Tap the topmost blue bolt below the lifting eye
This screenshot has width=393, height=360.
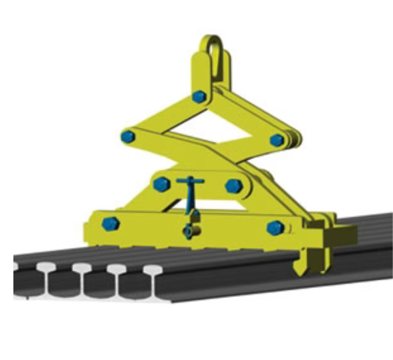(x=199, y=97)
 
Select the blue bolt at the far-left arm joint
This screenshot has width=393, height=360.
(x=127, y=136)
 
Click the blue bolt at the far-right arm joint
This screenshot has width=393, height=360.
(x=277, y=140)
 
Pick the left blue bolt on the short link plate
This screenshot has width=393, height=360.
(x=161, y=184)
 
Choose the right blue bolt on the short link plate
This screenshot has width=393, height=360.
(x=234, y=186)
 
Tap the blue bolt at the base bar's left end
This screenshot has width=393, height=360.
(x=110, y=224)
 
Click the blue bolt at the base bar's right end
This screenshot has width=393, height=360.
(x=275, y=228)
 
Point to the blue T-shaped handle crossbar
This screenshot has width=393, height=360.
(x=190, y=181)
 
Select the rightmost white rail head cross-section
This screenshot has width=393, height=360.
(x=153, y=270)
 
